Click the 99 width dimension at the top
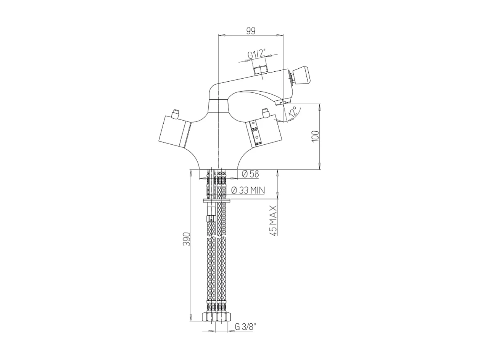point(250,31)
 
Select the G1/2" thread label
point(256,54)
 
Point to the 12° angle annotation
point(293,112)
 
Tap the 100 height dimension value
point(315,136)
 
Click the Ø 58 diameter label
point(250,174)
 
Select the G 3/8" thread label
point(245,327)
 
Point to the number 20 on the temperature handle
point(258,143)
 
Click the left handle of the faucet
point(174,132)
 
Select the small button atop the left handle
point(176,114)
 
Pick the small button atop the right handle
point(265,113)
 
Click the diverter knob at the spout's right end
point(301,74)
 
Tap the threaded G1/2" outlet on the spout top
point(261,71)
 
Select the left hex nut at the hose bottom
point(208,316)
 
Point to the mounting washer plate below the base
point(217,201)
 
